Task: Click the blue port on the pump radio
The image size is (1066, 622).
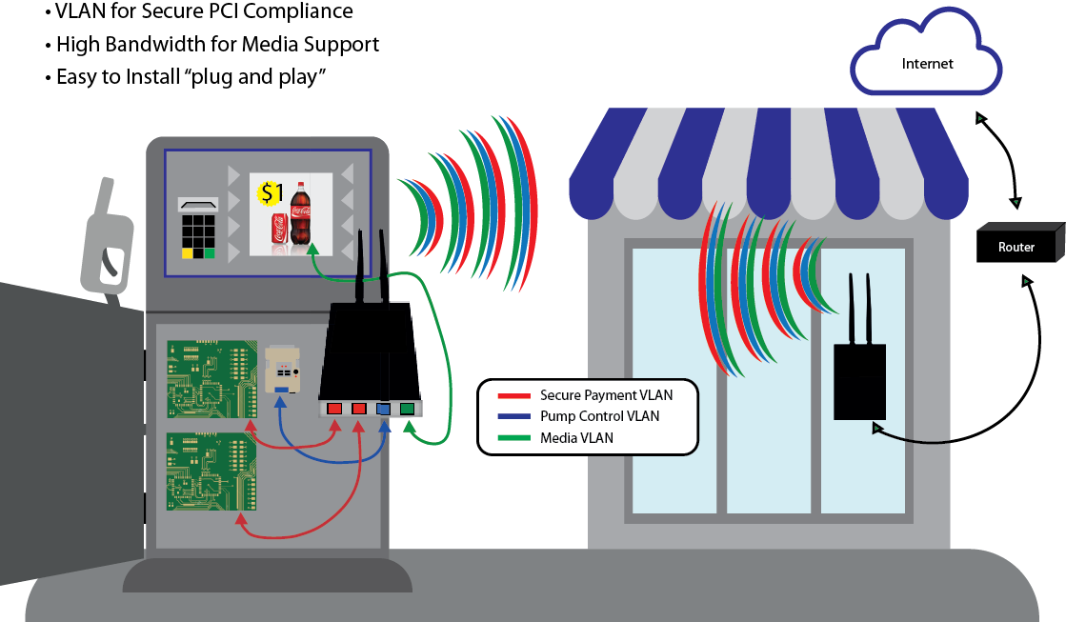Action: pyautogui.click(x=384, y=409)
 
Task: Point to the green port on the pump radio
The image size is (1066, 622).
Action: pyautogui.click(x=407, y=409)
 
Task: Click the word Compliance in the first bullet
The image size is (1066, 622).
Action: pyautogui.click(x=303, y=12)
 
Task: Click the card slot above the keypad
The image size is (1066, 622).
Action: pyautogui.click(x=199, y=203)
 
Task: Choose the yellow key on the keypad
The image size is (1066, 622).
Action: pyautogui.click(x=187, y=253)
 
